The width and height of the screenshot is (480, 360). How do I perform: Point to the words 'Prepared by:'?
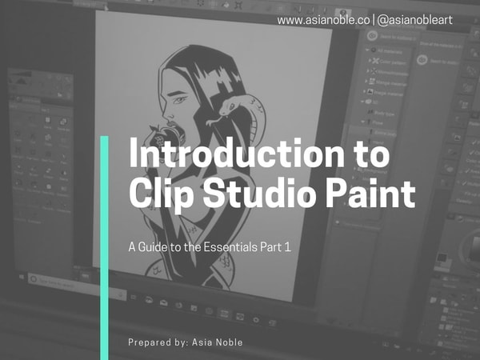pos(158,342)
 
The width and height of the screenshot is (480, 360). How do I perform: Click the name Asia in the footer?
pos(205,342)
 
